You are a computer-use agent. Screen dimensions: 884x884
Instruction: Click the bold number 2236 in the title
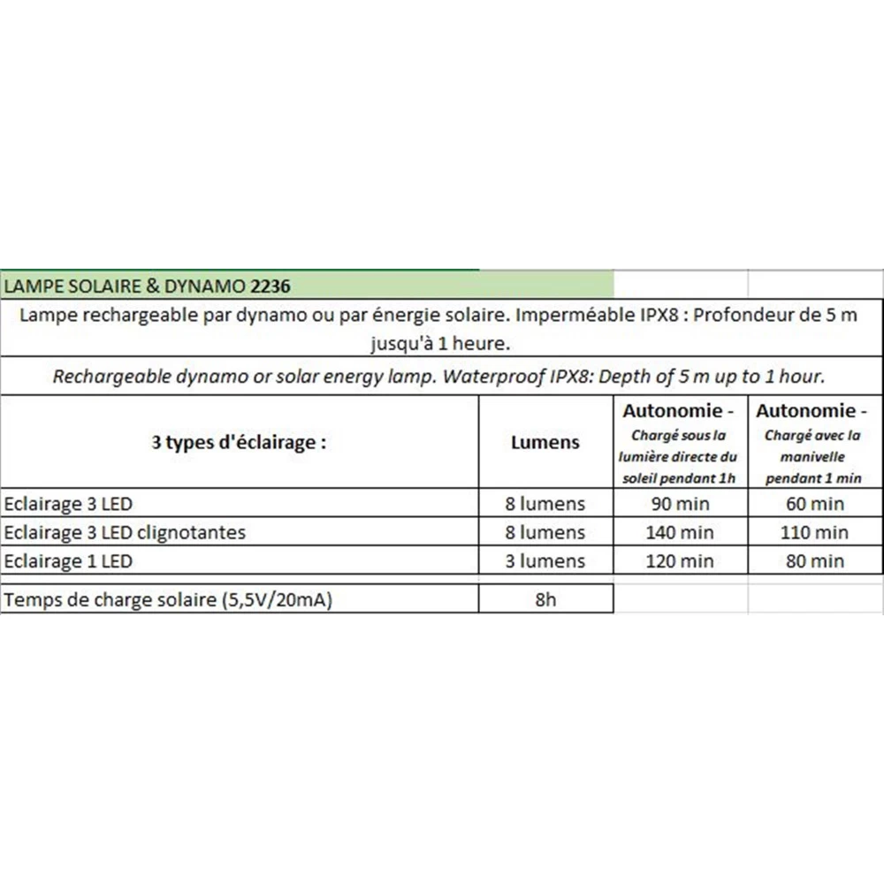(x=271, y=286)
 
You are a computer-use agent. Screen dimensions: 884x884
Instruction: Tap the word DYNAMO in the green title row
(x=213, y=286)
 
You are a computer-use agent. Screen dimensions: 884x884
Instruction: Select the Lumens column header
(x=545, y=442)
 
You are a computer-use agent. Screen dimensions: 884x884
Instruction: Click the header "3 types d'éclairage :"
(x=239, y=442)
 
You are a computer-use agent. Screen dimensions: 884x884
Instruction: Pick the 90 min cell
(x=680, y=504)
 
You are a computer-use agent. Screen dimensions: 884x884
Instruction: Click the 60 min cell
(x=814, y=504)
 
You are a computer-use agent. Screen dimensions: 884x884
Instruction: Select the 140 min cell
(x=680, y=532)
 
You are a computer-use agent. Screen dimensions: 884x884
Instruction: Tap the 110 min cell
(x=814, y=532)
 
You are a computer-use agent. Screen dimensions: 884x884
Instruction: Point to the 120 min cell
(x=680, y=560)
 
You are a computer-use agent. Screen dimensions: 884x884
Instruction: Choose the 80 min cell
(x=814, y=560)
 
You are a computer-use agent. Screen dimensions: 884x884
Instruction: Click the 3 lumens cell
(x=545, y=560)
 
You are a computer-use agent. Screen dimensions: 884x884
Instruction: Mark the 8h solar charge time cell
(x=545, y=599)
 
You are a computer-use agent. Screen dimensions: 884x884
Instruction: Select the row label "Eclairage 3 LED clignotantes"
(x=125, y=532)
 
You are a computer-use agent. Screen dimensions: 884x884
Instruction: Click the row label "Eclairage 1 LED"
(x=68, y=560)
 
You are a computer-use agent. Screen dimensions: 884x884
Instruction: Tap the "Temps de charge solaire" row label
(x=169, y=599)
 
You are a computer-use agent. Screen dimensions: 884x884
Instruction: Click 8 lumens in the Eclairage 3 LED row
(x=545, y=504)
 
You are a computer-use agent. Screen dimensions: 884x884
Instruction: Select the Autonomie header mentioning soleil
(x=680, y=442)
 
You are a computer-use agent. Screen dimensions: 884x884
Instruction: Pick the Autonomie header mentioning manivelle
(x=814, y=442)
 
